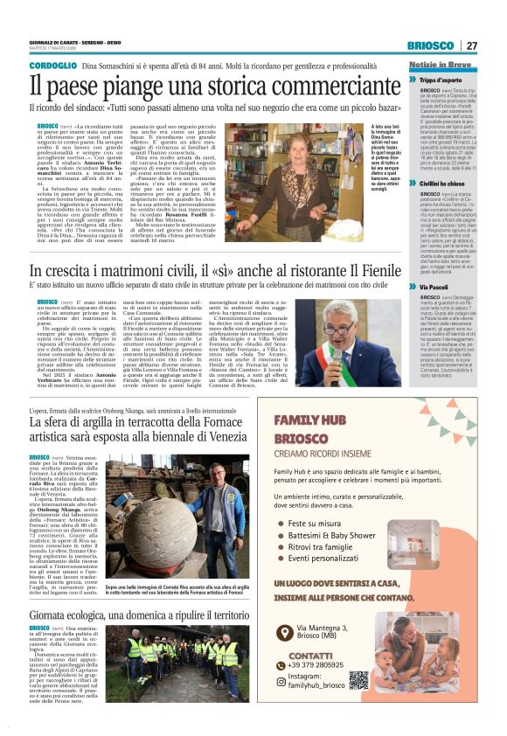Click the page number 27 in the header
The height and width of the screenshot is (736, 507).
(x=471, y=45)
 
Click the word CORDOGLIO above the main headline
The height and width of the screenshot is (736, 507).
(x=52, y=66)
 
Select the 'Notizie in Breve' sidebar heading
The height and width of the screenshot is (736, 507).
(x=440, y=66)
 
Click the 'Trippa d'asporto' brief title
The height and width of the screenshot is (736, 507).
(x=447, y=80)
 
